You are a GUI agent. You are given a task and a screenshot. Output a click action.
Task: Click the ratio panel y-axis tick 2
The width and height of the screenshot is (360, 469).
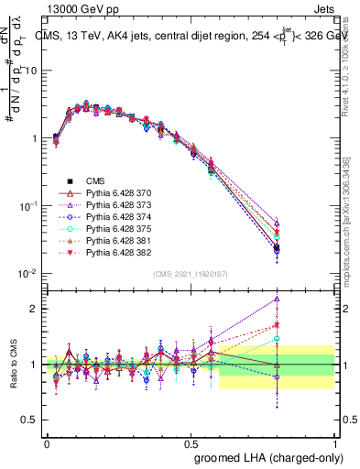[34, 309]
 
